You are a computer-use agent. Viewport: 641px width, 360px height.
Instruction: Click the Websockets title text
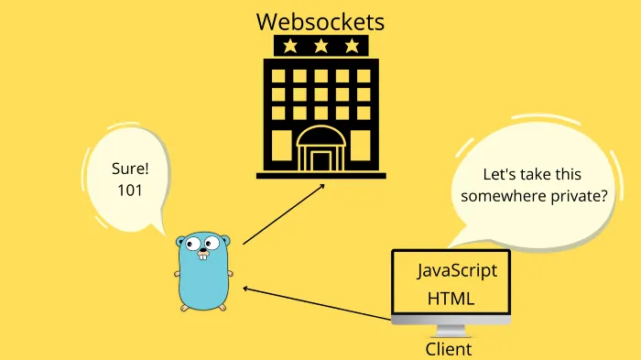click(x=320, y=20)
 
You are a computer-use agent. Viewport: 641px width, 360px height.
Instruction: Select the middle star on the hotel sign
click(x=320, y=46)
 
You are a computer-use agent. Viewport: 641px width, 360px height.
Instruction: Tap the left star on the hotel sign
click(x=289, y=46)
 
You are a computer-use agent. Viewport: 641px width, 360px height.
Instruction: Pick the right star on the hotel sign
click(x=352, y=46)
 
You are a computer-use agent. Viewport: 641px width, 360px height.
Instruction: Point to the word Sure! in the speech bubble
click(x=128, y=169)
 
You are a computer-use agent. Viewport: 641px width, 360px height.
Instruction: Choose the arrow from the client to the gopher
click(x=316, y=303)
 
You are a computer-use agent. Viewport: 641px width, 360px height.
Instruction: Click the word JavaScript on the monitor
click(x=457, y=271)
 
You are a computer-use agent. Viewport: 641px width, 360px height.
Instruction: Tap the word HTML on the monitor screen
click(x=451, y=299)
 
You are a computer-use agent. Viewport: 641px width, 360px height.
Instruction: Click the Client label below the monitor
click(x=449, y=349)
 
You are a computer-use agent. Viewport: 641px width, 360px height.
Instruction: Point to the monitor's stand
click(x=450, y=331)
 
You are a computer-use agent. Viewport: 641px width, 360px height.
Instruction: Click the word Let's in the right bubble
click(x=500, y=174)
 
